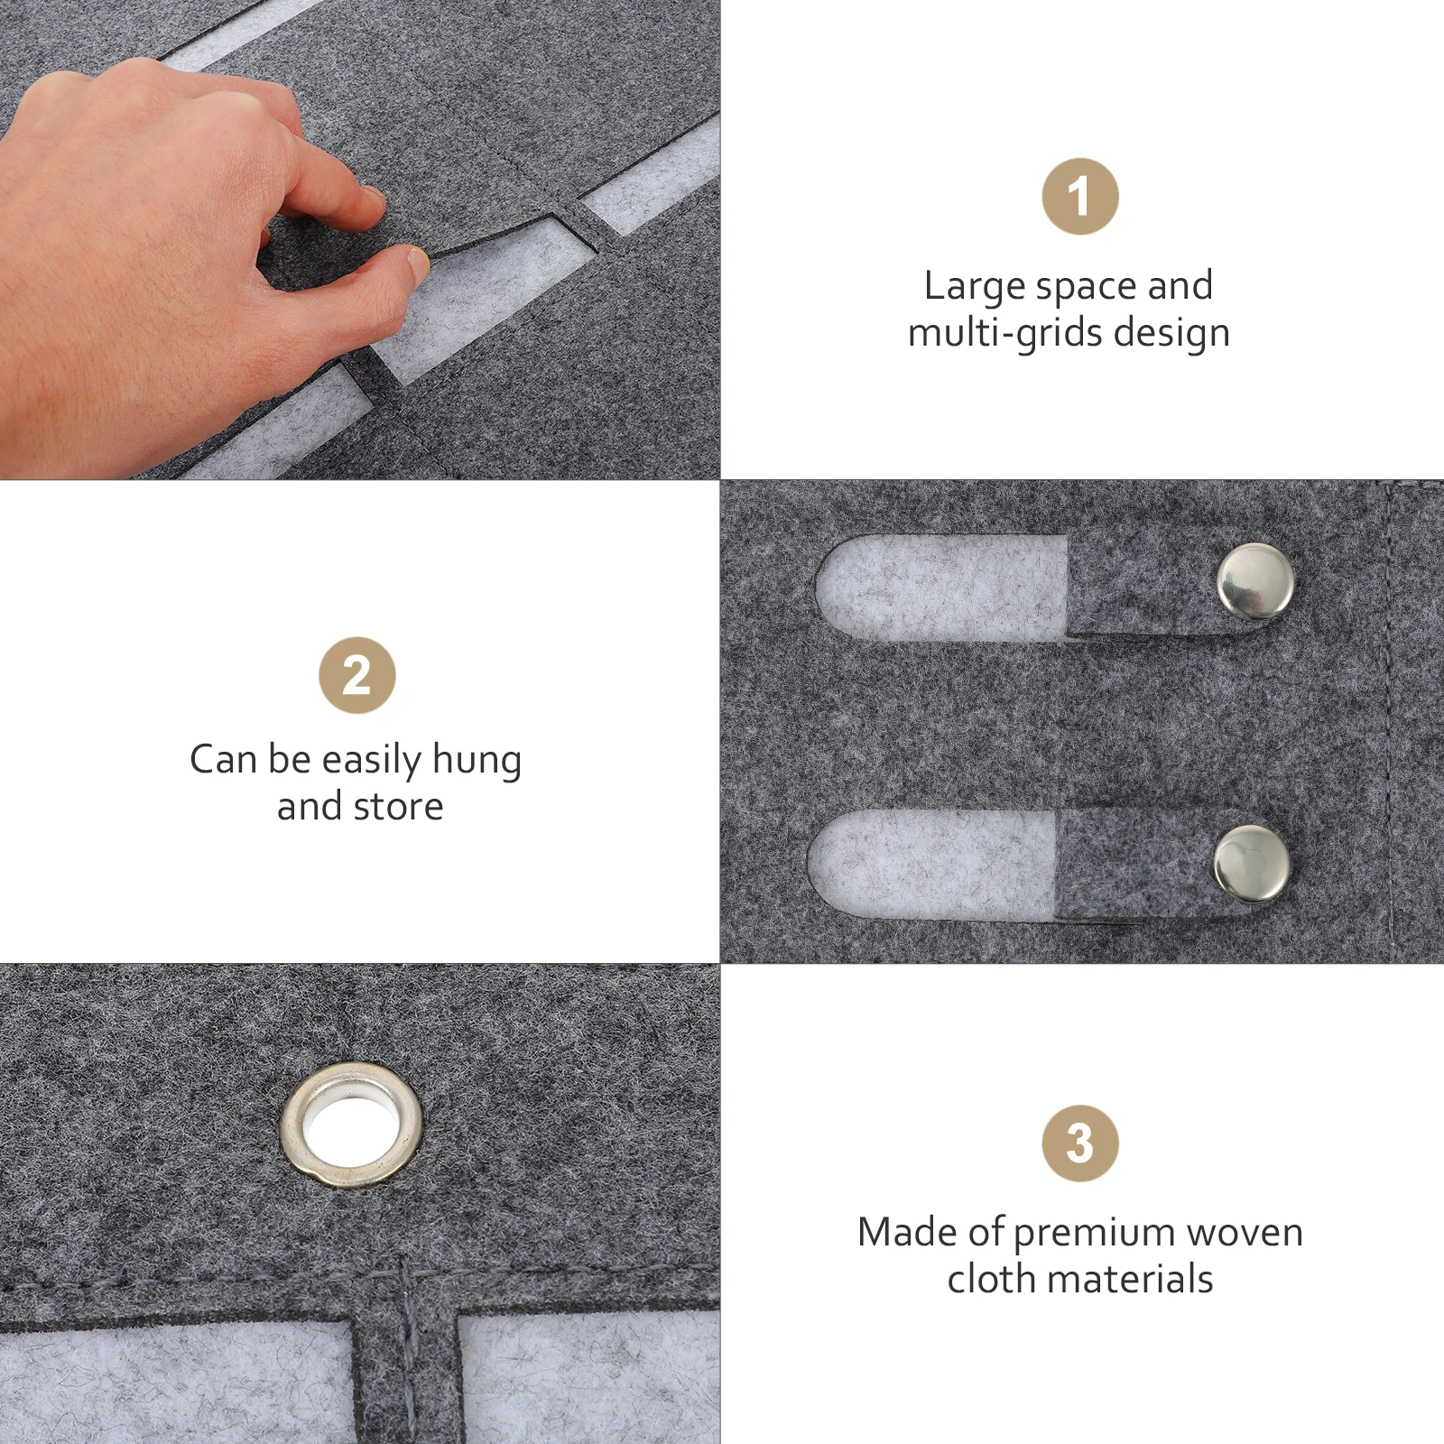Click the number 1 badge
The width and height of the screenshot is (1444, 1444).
click(1079, 196)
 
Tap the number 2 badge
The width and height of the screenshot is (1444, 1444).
click(357, 675)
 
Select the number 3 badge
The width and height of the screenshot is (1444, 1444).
click(1079, 1143)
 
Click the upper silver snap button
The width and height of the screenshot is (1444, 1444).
click(1254, 582)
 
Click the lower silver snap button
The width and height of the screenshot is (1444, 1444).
click(1251, 864)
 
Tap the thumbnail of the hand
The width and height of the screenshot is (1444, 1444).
click(417, 262)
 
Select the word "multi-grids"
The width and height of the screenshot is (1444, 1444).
click(1005, 332)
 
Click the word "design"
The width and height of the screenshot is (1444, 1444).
click(1171, 333)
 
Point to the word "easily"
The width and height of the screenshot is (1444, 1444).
click(372, 761)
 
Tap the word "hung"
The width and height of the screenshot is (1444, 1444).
click(477, 761)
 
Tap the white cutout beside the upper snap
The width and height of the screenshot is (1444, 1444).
click(941, 588)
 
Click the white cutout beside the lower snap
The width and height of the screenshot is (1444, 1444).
click(931, 865)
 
